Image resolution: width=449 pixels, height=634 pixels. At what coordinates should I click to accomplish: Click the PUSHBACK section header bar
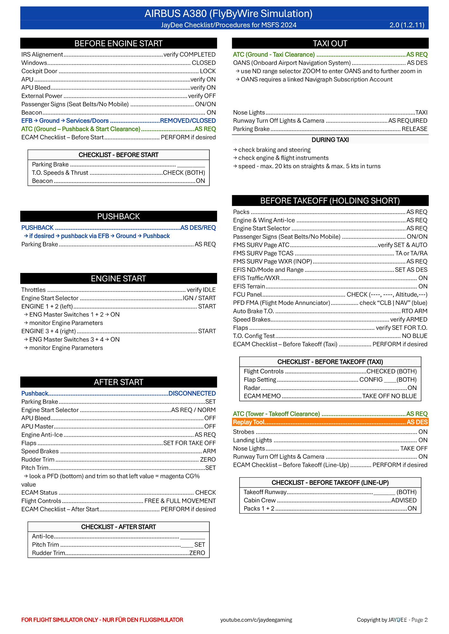click(118, 216)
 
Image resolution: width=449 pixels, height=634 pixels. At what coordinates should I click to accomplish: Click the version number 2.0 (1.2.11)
click(407, 25)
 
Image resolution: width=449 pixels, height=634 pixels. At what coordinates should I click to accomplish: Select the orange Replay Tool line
click(330, 422)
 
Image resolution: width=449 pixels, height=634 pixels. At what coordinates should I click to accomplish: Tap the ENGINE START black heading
click(118, 278)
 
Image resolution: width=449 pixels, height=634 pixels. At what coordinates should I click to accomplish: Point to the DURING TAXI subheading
click(330, 140)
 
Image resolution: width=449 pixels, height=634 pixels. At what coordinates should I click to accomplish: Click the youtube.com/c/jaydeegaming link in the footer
click(256, 620)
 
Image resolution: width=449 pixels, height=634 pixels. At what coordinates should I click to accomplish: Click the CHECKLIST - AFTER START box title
click(118, 527)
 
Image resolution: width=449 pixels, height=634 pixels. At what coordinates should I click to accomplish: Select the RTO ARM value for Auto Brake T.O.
click(414, 311)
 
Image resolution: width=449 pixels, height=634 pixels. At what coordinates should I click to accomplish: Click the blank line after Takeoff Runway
click(384, 492)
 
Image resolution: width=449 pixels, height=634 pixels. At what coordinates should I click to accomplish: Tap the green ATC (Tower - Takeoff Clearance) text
click(276, 414)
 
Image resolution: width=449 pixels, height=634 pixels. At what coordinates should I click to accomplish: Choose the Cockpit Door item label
click(39, 71)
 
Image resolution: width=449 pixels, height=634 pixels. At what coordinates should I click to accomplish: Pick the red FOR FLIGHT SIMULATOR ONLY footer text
click(102, 620)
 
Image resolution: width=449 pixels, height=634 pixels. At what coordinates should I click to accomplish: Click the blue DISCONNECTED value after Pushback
click(192, 393)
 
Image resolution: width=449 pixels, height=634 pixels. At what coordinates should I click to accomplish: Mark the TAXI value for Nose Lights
click(421, 112)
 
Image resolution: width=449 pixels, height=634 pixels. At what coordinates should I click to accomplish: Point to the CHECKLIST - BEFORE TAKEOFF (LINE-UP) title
click(330, 482)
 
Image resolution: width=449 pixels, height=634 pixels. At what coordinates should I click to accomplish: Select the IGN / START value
click(199, 298)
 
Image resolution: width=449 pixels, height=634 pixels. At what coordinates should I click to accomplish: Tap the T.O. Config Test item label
click(254, 336)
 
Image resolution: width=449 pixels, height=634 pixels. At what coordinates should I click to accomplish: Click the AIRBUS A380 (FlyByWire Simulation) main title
click(228, 13)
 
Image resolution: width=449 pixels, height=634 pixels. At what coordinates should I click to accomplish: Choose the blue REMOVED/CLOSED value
click(188, 120)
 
